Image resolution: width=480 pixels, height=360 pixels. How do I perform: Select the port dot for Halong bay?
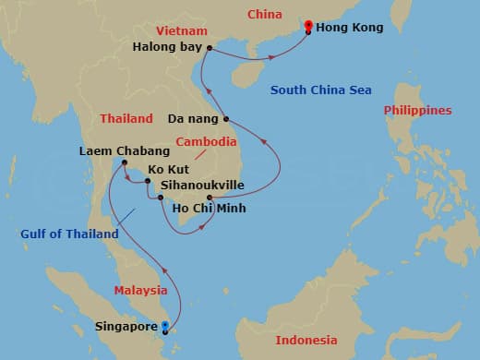[x=210, y=48]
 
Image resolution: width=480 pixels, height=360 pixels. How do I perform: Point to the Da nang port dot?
[x=226, y=119]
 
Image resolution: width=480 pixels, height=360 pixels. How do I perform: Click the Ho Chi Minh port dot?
[x=210, y=198]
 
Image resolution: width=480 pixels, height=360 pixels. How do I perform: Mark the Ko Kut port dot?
[x=148, y=181]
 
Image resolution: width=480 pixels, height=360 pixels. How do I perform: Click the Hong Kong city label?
[x=348, y=29]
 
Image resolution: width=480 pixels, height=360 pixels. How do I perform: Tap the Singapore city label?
[x=126, y=327]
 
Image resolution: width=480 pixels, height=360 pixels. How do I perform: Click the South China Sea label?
[x=320, y=90]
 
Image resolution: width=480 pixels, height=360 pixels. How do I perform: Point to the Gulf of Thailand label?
[x=70, y=234]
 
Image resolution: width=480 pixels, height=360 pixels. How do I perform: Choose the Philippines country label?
[x=418, y=111]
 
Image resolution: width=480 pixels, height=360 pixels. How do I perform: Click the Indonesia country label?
[x=306, y=340]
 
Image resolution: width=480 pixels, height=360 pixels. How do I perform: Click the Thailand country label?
[x=126, y=119]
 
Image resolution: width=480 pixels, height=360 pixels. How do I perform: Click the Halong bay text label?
[x=168, y=46]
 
